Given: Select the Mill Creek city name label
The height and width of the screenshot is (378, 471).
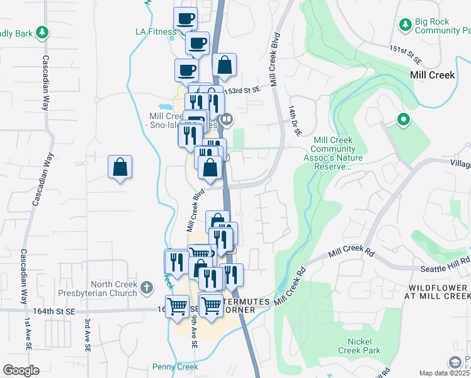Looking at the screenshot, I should (x=432, y=74).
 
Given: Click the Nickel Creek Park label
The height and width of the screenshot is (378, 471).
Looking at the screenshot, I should (x=359, y=345).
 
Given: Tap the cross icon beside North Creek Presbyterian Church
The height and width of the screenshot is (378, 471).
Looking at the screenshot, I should (x=146, y=288).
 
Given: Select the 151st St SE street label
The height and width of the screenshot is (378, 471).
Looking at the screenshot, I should (x=404, y=53).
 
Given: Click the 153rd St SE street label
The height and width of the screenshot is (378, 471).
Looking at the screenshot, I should (x=244, y=90).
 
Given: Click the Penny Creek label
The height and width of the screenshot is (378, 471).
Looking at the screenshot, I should (x=175, y=367).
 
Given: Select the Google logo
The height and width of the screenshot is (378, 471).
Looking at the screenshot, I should (x=21, y=370).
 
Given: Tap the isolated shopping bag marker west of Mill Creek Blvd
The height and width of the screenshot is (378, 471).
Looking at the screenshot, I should (x=120, y=168).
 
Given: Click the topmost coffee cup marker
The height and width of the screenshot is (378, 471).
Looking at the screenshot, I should (x=185, y=19).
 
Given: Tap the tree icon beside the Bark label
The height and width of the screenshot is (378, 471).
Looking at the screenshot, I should (x=42, y=31).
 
